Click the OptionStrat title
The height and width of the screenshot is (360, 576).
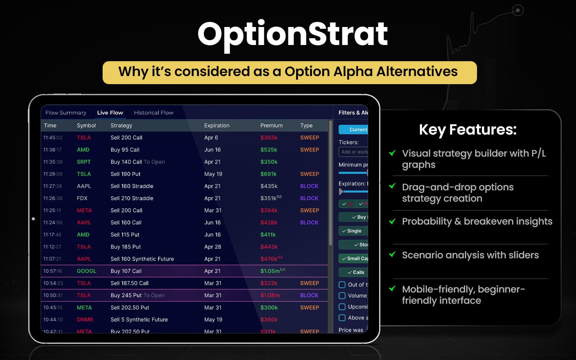pyautogui.click(x=292, y=34)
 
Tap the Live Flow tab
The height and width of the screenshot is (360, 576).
pyautogui.click(x=110, y=112)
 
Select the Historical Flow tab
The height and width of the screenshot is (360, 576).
pyautogui.click(x=153, y=112)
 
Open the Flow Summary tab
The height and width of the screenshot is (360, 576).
pyautogui.click(x=66, y=112)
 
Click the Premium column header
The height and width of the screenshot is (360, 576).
pyautogui.click(x=271, y=126)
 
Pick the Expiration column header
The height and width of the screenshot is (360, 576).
pyautogui.click(x=216, y=126)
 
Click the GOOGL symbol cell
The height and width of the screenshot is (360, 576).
pyautogui.click(x=86, y=271)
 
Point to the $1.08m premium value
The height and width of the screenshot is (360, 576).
pyautogui.click(x=270, y=295)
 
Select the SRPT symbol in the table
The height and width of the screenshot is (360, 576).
pyautogui.click(x=84, y=162)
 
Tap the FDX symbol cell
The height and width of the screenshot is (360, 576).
pyautogui.click(x=82, y=198)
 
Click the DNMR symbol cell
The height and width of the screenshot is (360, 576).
pyautogui.click(x=85, y=319)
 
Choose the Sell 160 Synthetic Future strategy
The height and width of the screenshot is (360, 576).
pyautogui.click(x=142, y=259)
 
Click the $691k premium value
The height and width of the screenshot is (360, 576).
pyautogui.click(x=269, y=174)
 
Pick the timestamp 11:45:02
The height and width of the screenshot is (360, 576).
pyautogui.click(x=53, y=138)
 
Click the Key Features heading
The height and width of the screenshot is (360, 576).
pyautogui.click(x=468, y=130)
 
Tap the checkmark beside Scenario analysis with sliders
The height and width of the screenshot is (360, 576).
pyautogui.click(x=392, y=255)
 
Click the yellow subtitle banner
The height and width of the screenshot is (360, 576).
pyautogui.click(x=289, y=72)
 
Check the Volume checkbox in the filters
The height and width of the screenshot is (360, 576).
pyautogui.click(x=342, y=296)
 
